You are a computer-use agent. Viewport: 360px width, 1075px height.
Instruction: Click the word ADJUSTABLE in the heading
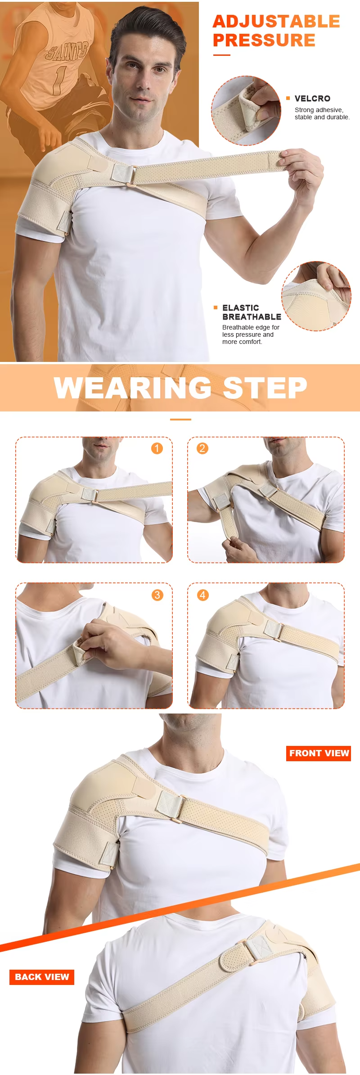(x=276, y=22)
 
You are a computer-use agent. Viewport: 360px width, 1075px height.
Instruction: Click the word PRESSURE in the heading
(x=264, y=40)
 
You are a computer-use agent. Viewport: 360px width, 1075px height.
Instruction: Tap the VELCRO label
(x=312, y=99)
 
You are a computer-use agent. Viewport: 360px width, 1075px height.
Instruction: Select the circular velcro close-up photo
(x=246, y=111)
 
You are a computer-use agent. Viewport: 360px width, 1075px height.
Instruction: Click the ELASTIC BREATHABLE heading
(x=252, y=312)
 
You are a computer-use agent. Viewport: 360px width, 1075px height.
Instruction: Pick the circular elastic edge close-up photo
(x=316, y=296)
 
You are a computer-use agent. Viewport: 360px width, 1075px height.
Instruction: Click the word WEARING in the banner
(x=133, y=388)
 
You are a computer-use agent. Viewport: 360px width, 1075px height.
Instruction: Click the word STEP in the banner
(x=265, y=388)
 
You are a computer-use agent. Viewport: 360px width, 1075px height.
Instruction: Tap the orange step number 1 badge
(x=157, y=448)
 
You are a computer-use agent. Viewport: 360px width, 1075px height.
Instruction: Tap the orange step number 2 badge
(x=202, y=448)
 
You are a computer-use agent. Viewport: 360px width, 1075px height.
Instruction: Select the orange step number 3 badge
(x=157, y=595)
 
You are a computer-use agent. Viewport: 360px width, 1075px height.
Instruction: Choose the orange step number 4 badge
(x=202, y=595)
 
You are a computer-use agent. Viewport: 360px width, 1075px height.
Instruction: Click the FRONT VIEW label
(x=319, y=753)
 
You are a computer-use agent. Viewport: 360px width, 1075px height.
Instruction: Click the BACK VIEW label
(x=42, y=977)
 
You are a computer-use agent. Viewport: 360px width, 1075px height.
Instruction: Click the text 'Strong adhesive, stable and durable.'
(x=322, y=113)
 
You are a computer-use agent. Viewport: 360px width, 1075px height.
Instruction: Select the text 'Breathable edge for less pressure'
(x=251, y=331)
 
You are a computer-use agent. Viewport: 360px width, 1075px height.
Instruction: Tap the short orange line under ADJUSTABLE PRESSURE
(x=221, y=55)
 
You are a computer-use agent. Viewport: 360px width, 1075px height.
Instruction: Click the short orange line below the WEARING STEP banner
(x=180, y=420)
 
